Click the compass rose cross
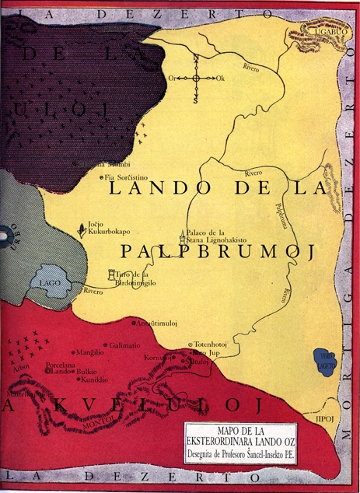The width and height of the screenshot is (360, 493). [x=196, y=78]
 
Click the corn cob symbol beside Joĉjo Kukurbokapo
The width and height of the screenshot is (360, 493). [x=80, y=231]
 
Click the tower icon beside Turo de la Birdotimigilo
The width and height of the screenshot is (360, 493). [x=111, y=275]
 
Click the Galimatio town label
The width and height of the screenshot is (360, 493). [x=124, y=345]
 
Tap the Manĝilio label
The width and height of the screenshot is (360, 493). [x=89, y=353]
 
